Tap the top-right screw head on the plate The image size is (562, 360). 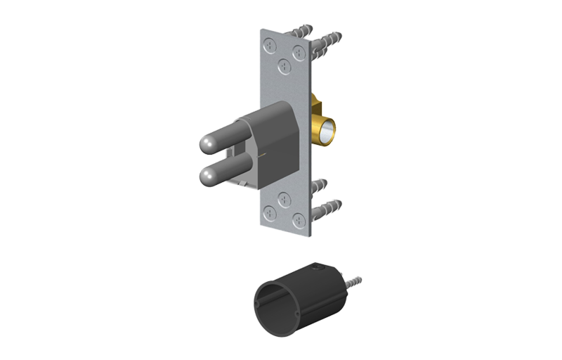[x=299, y=51]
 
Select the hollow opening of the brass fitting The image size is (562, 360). [x=327, y=131]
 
